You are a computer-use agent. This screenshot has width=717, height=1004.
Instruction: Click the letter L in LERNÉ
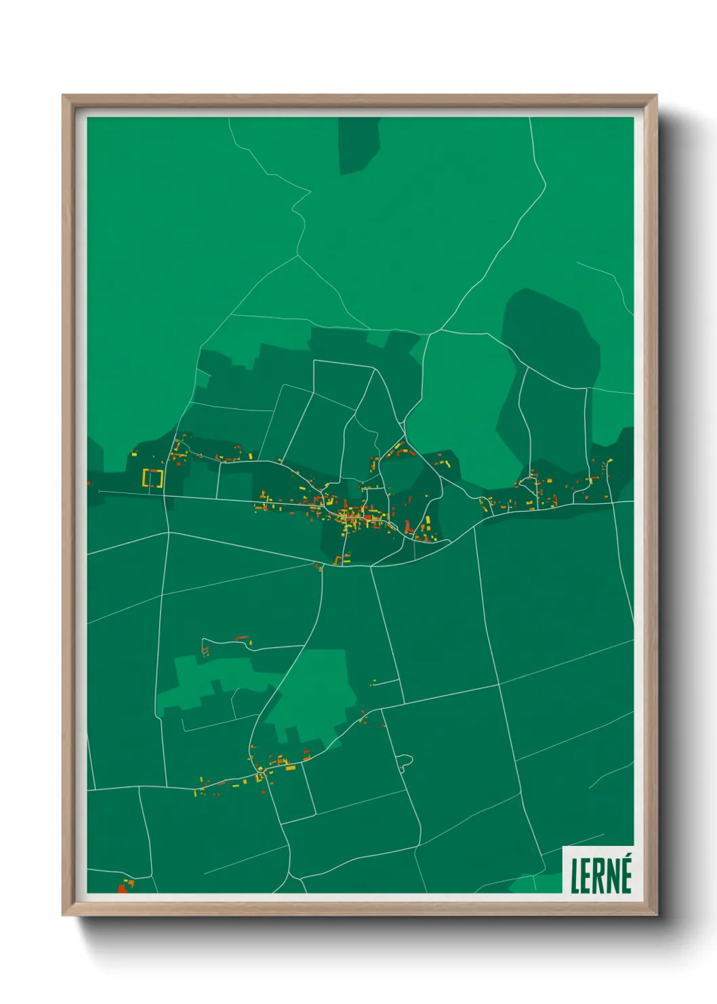pyautogui.click(x=575, y=876)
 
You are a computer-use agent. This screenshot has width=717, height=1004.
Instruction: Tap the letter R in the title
pyautogui.click(x=601, y=876)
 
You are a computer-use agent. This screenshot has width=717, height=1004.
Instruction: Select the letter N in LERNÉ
pyautogui.click(x=615, y=876)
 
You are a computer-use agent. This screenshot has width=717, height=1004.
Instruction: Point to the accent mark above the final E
pyautogui.click(x=628, y=857)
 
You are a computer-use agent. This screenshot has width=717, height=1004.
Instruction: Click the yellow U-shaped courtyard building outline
pyautogui.click(x=153, y=478)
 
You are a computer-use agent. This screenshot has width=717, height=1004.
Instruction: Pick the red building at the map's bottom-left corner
pyautogui.click(x=123, y=888)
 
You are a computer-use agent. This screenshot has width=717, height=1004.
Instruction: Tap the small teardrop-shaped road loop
pyautogui.click(x=405, y=761)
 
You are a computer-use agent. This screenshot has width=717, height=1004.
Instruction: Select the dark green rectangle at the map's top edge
pyautogui.click(x=358, y=143)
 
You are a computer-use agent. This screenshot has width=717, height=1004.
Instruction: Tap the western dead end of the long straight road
pyautogui.click(x=100, y=491)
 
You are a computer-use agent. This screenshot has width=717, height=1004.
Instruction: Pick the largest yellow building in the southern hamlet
pyautogui.click(x=290, y=768)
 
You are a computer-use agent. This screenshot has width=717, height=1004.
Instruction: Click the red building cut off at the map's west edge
pyautogui.click(x=89, y=483)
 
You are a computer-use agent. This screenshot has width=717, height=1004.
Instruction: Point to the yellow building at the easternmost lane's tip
pyautogui.click(x=610, y=461)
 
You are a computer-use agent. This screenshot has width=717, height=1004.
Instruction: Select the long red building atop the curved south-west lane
pyautogui.click(x=242, y=638)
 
